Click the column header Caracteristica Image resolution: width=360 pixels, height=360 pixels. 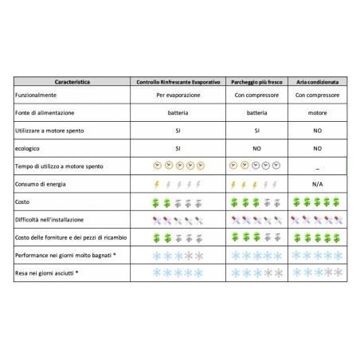pos(72,81)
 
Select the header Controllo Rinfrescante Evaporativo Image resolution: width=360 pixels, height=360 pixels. pos(178,81)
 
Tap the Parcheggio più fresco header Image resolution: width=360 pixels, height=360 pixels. pos(256,81)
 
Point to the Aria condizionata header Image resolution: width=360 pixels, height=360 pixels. pos(317,81)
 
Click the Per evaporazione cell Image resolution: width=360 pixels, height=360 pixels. pos(178,95)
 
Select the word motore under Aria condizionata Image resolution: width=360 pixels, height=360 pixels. pos(317,112)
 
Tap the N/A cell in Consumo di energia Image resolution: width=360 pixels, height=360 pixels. pos(317,184)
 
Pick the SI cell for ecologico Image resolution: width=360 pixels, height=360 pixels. pos(178,148)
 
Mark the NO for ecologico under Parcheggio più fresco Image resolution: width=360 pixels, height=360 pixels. pos(256,148)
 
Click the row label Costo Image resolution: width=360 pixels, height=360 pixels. pos(23,202)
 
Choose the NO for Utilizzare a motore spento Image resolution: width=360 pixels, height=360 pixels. pos(317,130)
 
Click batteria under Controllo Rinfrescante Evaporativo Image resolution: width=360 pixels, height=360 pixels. pos(178,112)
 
